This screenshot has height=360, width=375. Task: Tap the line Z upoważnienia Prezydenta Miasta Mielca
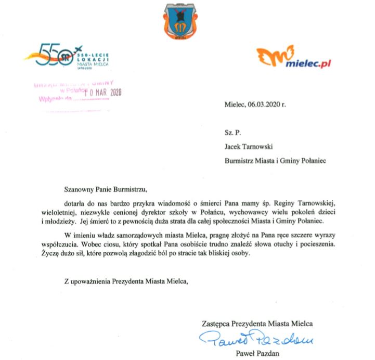pos(125,281)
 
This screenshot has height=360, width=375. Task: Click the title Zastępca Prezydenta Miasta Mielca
pos(260,324)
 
